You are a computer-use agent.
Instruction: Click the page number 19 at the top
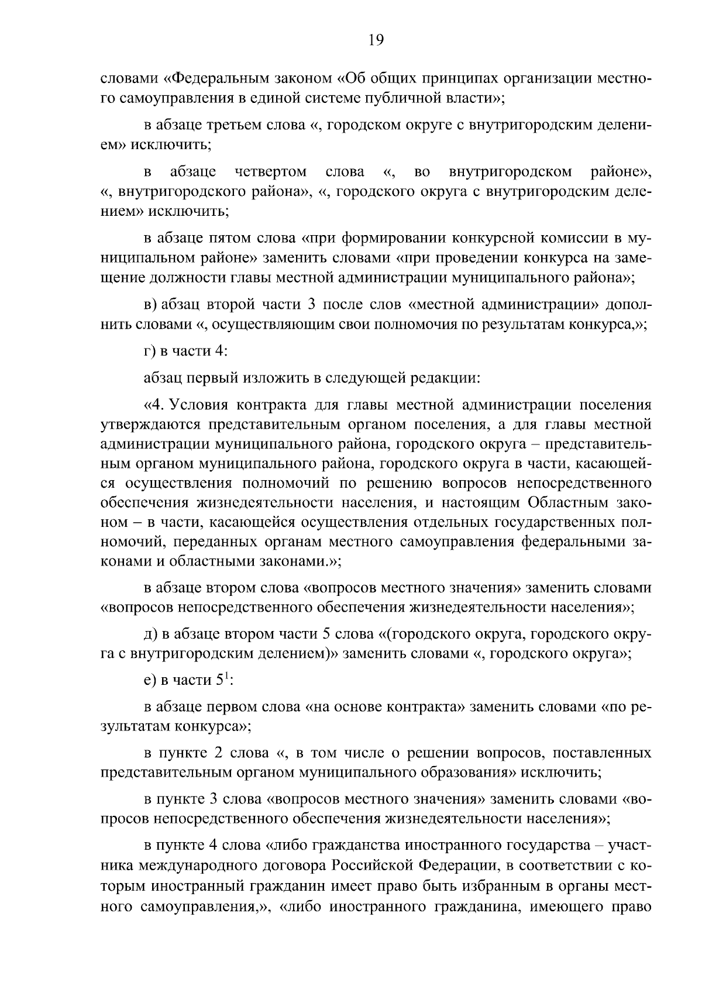376,40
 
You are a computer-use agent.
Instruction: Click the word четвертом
270,172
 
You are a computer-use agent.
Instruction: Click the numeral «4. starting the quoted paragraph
153,405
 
